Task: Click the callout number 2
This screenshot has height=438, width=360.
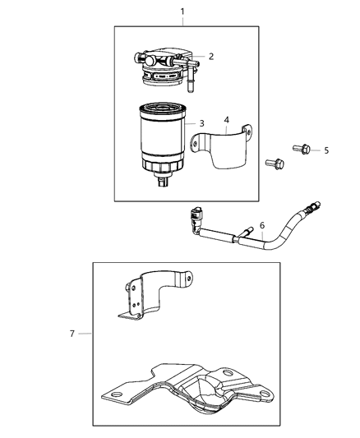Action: pyautogui.click(x=211, y=57)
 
